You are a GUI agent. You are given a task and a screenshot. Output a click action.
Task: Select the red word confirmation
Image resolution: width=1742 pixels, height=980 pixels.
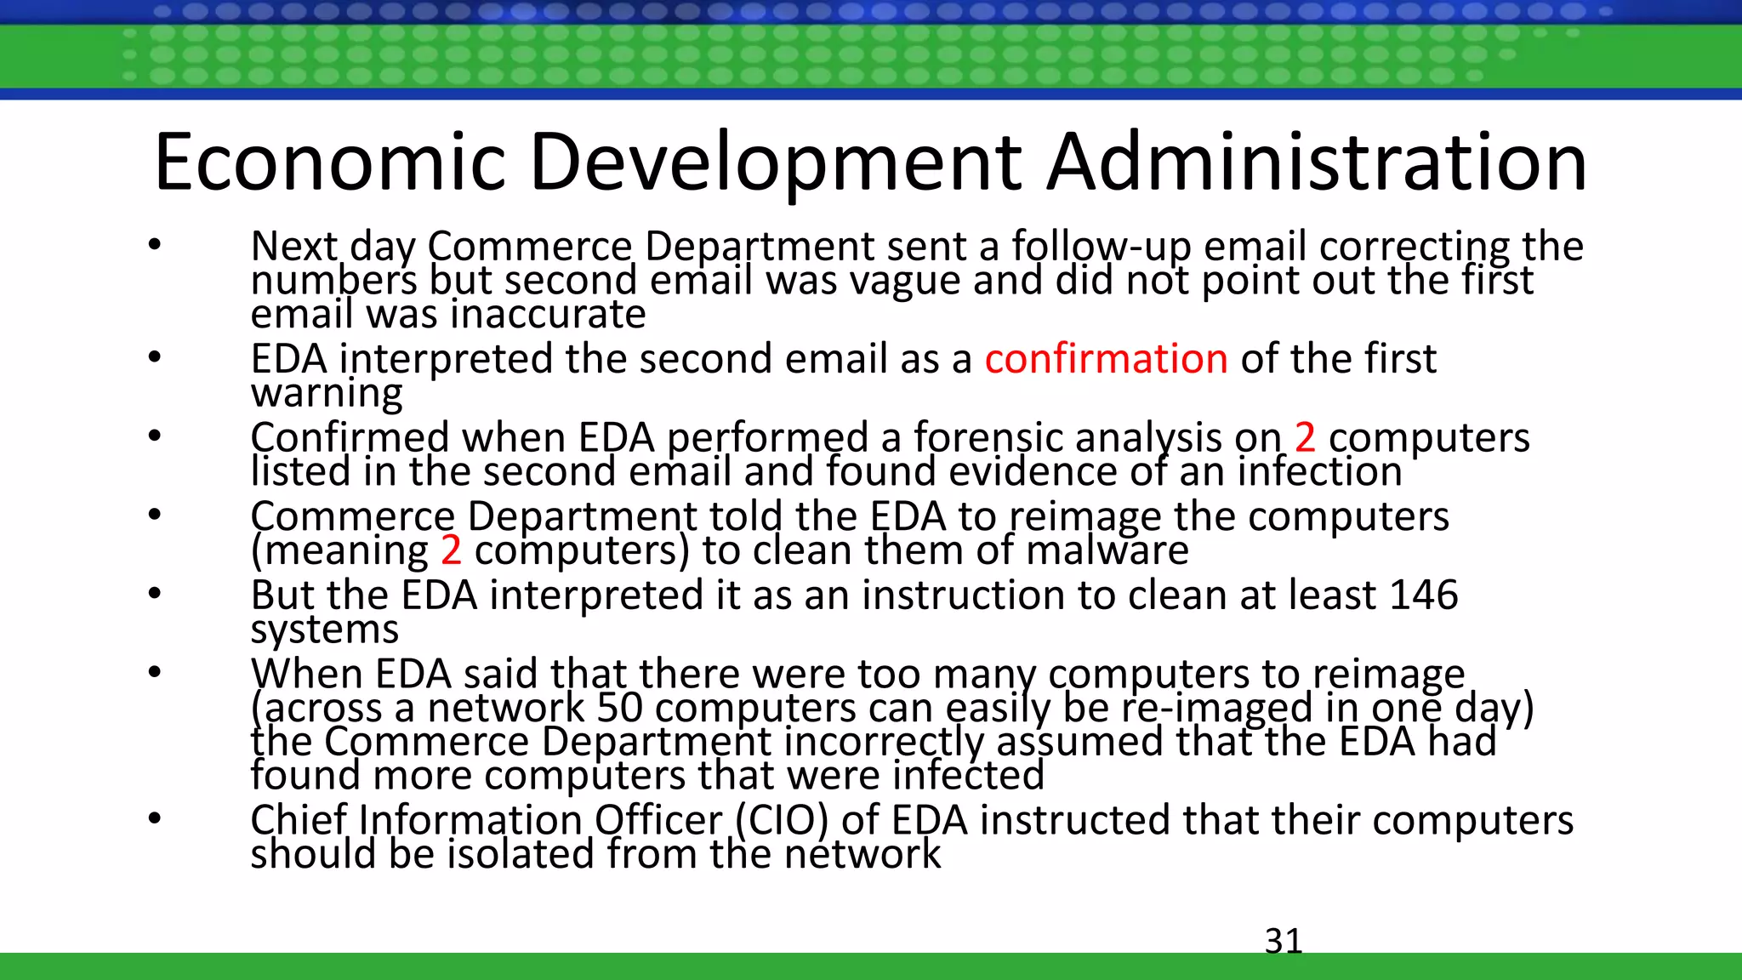coord(1106,359)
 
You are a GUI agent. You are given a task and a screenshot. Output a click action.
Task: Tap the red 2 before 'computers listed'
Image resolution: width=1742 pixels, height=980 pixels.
coord(1305,438)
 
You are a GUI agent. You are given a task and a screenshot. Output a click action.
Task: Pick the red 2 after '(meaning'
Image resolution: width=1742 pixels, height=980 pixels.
coord(451,550)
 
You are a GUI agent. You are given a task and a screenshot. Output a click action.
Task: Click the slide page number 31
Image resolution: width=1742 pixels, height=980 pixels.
coord(1284,941)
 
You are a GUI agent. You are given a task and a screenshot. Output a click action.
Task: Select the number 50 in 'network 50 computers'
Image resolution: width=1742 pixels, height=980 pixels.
coord(619,708)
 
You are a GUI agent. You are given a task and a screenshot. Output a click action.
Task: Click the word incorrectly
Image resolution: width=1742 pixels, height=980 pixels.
coord(884,742)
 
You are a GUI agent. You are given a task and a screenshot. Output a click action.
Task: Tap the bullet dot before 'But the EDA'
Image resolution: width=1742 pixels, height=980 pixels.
coord(154,593)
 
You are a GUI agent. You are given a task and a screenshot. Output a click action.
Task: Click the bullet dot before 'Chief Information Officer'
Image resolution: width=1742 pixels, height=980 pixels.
coord(154,818)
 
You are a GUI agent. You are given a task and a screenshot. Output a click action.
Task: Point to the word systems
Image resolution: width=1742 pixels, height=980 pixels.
coord(324,630)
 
